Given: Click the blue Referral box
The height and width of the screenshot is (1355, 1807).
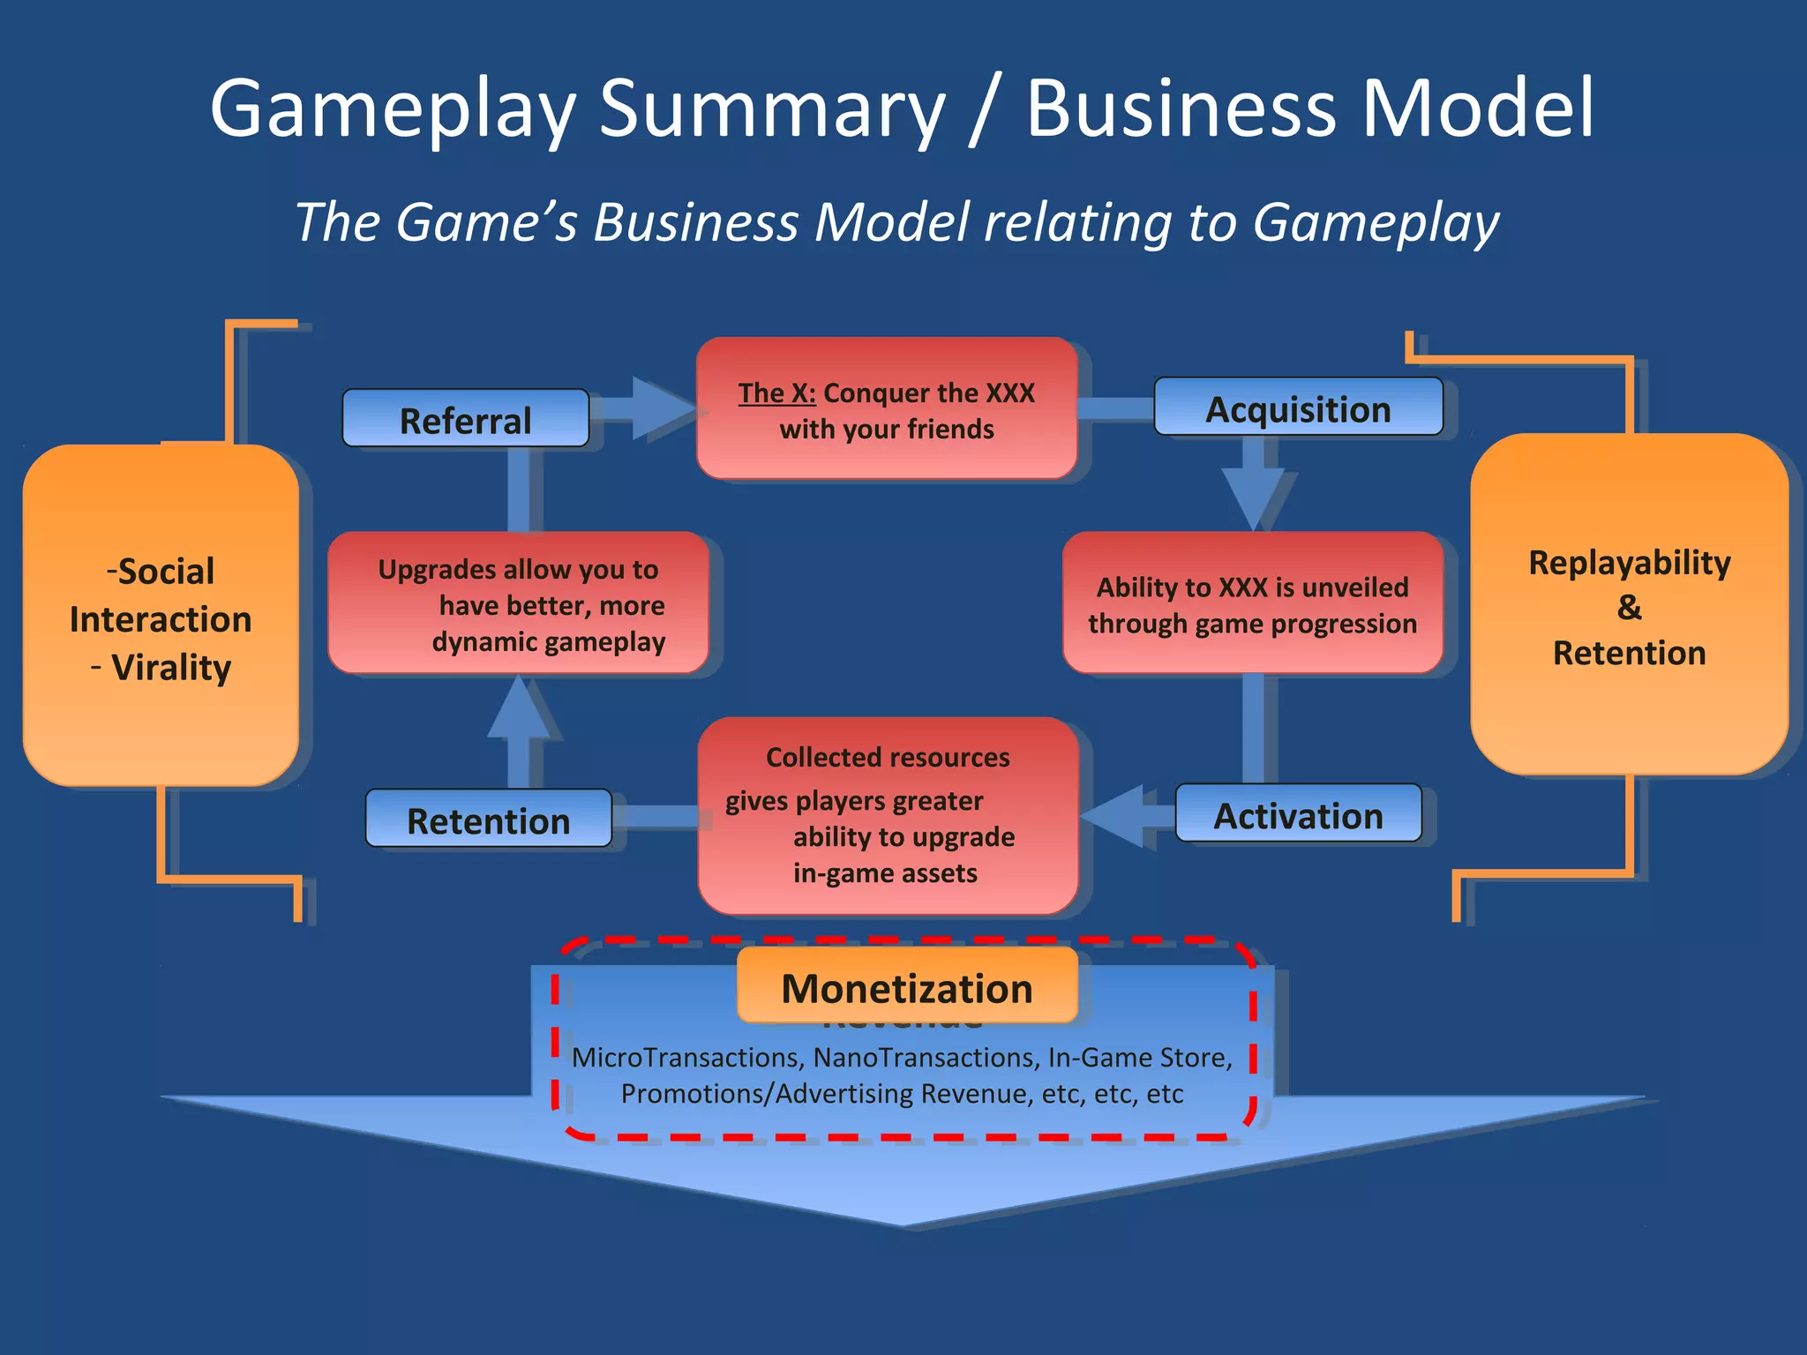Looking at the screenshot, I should coord(465,419).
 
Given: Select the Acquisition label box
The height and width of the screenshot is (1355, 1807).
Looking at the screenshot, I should coord(1298,408).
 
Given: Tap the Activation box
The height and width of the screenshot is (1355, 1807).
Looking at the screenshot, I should coord(1298,814).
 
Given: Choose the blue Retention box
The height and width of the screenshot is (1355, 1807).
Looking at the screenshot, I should coord(488,820).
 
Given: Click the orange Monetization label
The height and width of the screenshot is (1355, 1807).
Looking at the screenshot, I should coord(907,986).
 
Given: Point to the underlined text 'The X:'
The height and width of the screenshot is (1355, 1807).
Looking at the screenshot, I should coord(776,393).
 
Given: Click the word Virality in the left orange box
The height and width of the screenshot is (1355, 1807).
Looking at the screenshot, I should coord(171,668).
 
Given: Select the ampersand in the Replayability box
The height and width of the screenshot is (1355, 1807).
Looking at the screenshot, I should coord(1629,608).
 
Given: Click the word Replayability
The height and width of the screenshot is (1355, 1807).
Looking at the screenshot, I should coord(1629,563).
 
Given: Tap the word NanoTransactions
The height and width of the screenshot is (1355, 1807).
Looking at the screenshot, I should coord(926,1057).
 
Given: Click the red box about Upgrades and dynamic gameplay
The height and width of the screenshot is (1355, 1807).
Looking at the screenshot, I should coord(518,603).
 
